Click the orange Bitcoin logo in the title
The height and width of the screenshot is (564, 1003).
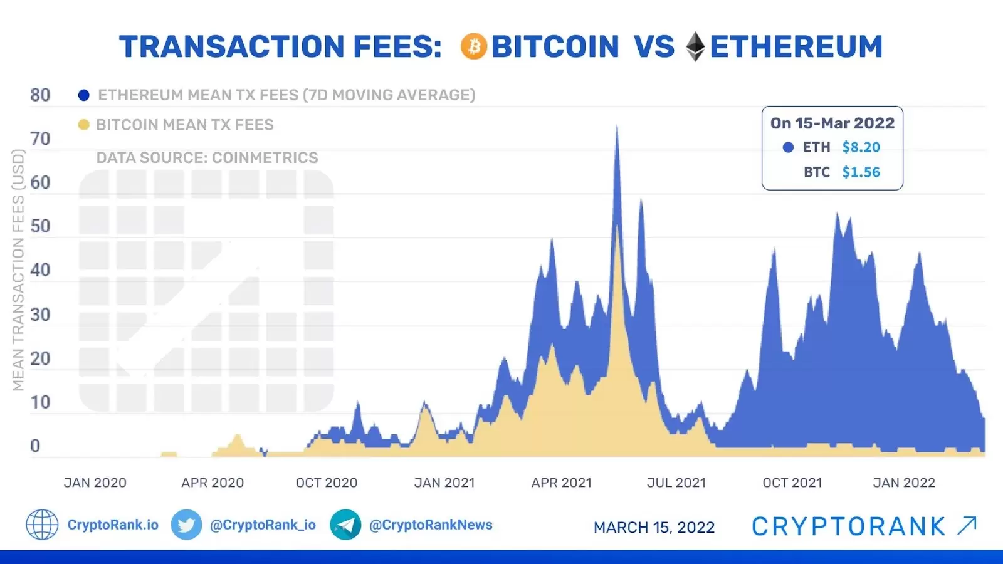474,47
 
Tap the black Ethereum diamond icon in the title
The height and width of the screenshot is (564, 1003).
695,47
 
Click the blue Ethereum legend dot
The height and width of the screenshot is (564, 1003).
83,95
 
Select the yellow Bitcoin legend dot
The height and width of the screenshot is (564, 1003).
83,125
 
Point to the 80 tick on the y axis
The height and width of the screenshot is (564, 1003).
40,95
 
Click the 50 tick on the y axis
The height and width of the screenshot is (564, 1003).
40,226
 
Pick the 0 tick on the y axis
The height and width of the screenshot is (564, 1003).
35,446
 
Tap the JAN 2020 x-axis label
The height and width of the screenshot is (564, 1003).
95,483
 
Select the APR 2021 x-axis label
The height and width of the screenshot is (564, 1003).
562,483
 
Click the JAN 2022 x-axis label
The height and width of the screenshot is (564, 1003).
904,483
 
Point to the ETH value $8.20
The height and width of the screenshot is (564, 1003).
861,147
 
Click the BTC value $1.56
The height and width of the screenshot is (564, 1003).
861,172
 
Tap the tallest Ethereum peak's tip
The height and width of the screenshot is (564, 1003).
617,127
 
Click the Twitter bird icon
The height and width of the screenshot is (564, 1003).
186,525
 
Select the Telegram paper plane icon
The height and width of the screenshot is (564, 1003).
345,525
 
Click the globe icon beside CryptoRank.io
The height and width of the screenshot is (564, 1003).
42,525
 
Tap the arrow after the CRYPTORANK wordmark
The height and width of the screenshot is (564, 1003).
967,526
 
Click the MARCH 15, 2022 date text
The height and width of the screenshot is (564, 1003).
654,528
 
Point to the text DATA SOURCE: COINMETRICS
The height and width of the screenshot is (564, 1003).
207,158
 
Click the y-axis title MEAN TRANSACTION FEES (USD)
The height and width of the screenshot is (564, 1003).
18,269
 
